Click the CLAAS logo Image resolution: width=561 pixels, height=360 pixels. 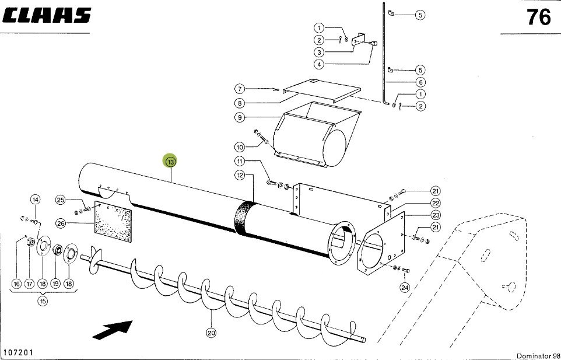[x=47, y=16]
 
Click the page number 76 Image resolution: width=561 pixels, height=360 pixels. [x=539, y=17]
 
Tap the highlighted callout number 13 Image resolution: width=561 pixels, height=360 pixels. [x=171, y=162]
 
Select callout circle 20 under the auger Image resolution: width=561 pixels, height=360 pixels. [x=211, y=333]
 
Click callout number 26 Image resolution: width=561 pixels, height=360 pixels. [x=61, y=223]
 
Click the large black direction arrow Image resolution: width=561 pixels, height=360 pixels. [x=113, y=330]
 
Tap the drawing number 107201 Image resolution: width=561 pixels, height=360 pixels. [x=18, y=352]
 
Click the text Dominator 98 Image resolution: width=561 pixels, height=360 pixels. [x=538, y=356]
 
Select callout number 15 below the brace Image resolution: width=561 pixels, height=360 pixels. [x=43, y=301]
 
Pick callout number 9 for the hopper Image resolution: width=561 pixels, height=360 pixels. [x=240, y=117]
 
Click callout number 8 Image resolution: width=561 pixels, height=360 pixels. [x=240, y=103]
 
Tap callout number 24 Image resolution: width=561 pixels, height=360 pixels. [x=405, y=287]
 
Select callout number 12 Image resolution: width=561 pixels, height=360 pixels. [x=240, y=175]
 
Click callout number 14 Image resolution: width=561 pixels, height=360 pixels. [x=36, y=200]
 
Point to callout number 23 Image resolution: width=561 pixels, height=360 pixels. [x=436, y=215]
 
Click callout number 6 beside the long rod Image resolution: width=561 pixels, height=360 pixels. [x=420, y=82]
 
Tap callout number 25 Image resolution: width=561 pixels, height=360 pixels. [x=61, y=200]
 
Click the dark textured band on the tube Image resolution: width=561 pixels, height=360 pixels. [x=244, y=218]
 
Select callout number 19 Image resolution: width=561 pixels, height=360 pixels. [x=55, y=284]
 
